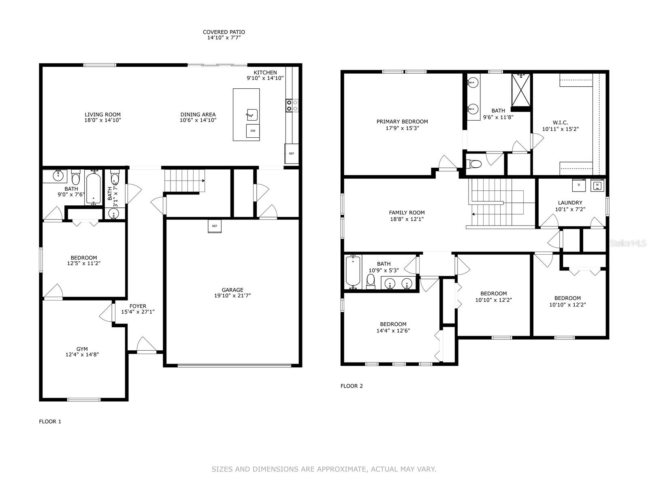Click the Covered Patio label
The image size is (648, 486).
coord(224,32)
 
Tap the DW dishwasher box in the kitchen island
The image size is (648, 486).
coord(253,131)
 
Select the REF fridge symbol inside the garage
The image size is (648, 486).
coord(215,226)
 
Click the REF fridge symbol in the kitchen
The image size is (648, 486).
coord(291,153)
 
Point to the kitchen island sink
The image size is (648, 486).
coord(252,115)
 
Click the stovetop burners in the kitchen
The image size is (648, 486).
coord(292,105)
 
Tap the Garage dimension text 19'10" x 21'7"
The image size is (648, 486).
coord(232,296)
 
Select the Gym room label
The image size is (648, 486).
coord(82,349)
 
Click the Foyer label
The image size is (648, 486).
coord(138,306)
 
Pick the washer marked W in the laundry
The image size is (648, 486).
coord(597,185)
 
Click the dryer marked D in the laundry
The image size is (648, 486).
coord(578,185)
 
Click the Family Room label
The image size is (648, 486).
coord(407,213)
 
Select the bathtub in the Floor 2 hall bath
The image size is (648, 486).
coord(353,272)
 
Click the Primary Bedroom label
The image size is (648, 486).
coord(402,122)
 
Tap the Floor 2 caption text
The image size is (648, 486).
coord(352,386)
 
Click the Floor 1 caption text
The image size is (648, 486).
coord(50,422)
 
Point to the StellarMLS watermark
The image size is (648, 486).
coord(628,243)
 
